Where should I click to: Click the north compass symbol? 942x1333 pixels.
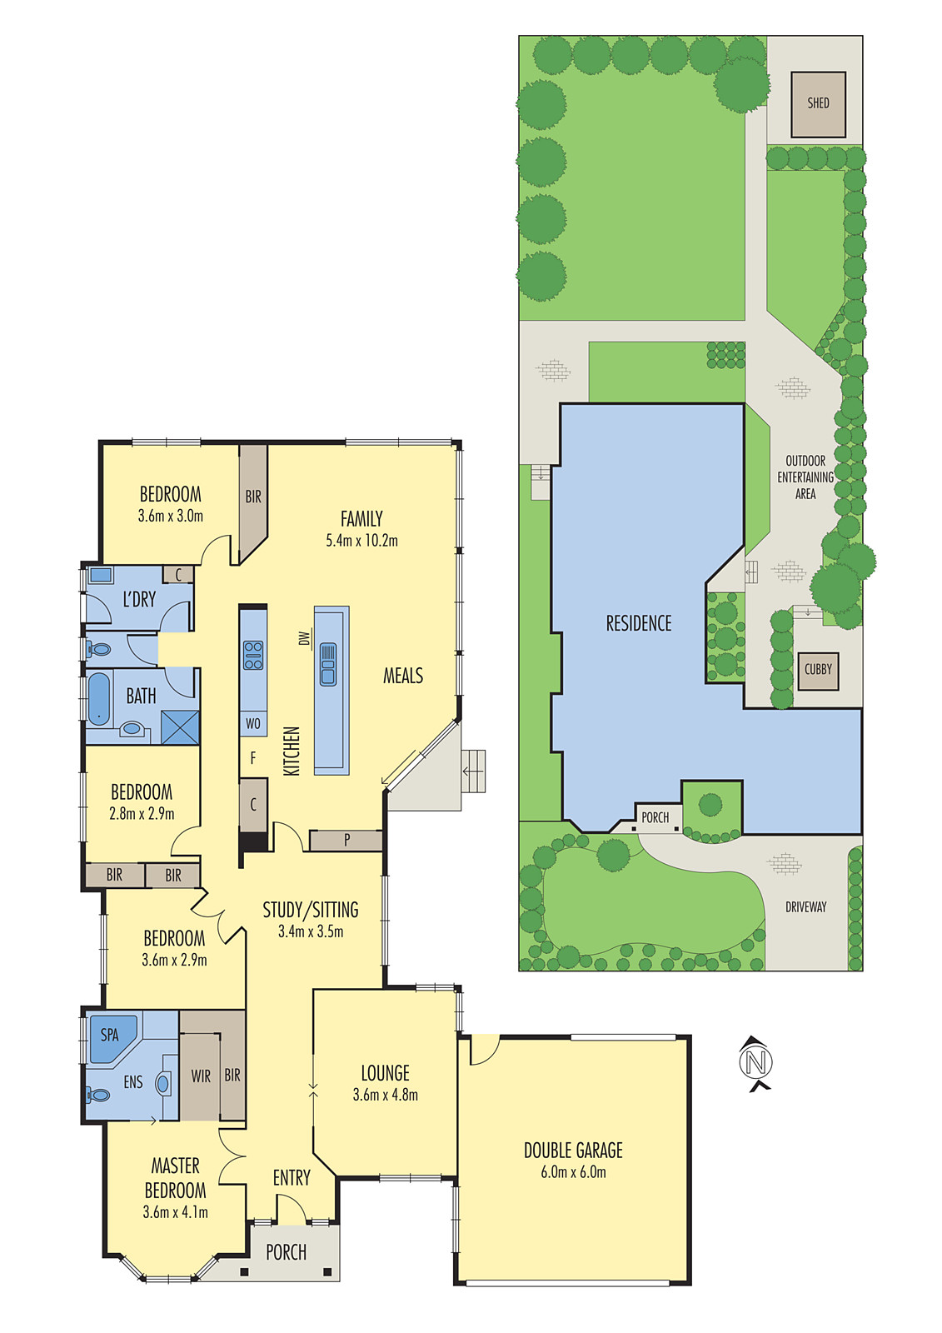click(x=756, y=1062)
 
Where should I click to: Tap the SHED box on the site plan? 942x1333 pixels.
click(x=818, y=104)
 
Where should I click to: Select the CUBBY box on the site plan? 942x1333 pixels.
click(x=818, y=669)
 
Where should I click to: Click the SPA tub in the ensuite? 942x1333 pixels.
click(x=111, y=1036)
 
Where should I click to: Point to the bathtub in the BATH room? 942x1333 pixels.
click(x=99, y=698)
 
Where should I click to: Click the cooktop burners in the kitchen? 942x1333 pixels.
click(x=253, y=656)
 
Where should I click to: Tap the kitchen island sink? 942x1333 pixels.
click(x=328, y=664)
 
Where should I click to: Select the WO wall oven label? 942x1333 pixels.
click(x=253, y=724)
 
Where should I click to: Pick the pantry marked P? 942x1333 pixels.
click(x=346, y=841)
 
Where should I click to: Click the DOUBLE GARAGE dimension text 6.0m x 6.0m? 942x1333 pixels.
click(x=573, y=1172)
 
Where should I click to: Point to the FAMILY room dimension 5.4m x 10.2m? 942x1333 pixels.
click(x=361, y=541)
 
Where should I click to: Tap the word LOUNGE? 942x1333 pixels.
click(x=385, y=1073)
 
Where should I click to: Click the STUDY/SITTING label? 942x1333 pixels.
click(x=311, y=910)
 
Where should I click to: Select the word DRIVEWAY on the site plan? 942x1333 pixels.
click(x=805, y=906)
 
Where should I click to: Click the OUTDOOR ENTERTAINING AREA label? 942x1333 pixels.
click(x=805, y=477)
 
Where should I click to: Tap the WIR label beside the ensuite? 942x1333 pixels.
click(x=201, y=1076)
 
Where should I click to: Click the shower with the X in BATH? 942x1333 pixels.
click(x=180, y=727)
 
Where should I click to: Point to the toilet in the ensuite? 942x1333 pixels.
click(x=97, y=1095)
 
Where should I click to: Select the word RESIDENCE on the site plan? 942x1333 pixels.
click(x=638, y=623)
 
